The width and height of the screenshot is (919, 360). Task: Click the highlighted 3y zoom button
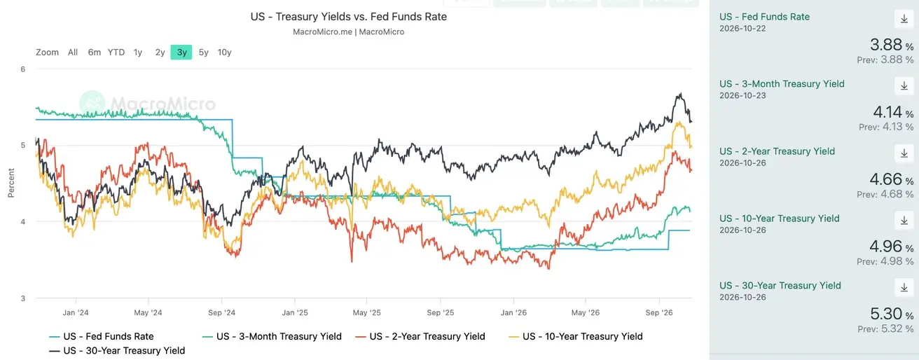pos(181,52)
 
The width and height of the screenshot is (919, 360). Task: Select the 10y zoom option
pos(224,52)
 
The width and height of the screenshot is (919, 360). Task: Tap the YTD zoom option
pos(116,52)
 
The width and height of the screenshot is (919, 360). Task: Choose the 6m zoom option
pos(95,52)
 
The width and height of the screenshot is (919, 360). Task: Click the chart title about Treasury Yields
pos(349,16)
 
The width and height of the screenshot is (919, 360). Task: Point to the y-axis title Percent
pos(11,183)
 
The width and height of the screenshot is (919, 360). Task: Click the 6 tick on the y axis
pos(23,69)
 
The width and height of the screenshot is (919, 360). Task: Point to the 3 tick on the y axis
pos(23,298)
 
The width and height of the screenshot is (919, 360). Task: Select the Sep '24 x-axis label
pos(221,312)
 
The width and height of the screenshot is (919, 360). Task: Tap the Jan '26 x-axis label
pos(513,312)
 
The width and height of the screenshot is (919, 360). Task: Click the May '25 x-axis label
pos(367,312)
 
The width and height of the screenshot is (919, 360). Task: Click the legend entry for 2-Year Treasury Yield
pos(420,336)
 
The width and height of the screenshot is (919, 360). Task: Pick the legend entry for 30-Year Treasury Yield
pos(117,351)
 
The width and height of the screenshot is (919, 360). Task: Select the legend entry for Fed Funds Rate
pos(102,336)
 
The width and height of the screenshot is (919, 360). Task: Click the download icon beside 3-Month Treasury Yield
pos(904,86)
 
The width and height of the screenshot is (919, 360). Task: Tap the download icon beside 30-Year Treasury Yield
pos(904,288)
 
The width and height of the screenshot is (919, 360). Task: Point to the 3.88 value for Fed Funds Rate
pos(886,44)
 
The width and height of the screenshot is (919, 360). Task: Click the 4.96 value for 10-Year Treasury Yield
pos(886,246)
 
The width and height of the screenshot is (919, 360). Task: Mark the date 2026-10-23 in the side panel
pos(742,95)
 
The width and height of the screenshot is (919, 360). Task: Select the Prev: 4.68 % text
pos(885,194)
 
